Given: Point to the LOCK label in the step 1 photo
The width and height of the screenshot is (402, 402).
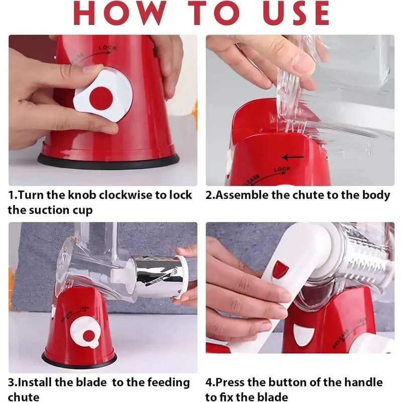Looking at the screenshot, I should (x=108, y=48).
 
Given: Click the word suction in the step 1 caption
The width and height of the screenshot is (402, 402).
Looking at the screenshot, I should (x=46, y=210).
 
